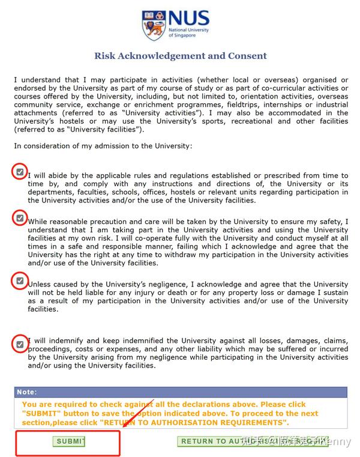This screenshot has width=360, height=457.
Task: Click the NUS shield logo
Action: click(x=152, y=24)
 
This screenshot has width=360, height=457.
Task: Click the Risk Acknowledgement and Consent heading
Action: click(x=180, y=56)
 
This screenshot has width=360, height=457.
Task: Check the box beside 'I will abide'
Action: click(x=20, y=172)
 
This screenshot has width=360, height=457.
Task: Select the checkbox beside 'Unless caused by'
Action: click(x=20, y=280)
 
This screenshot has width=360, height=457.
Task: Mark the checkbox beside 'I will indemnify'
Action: click(x=20, y=344)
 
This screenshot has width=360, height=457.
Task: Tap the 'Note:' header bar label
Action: click(x=26, y=392)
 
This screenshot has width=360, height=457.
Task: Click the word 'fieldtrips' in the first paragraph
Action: click(x=246, y=104)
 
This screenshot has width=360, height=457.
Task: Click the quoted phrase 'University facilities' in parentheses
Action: click(x=101, y=129)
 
